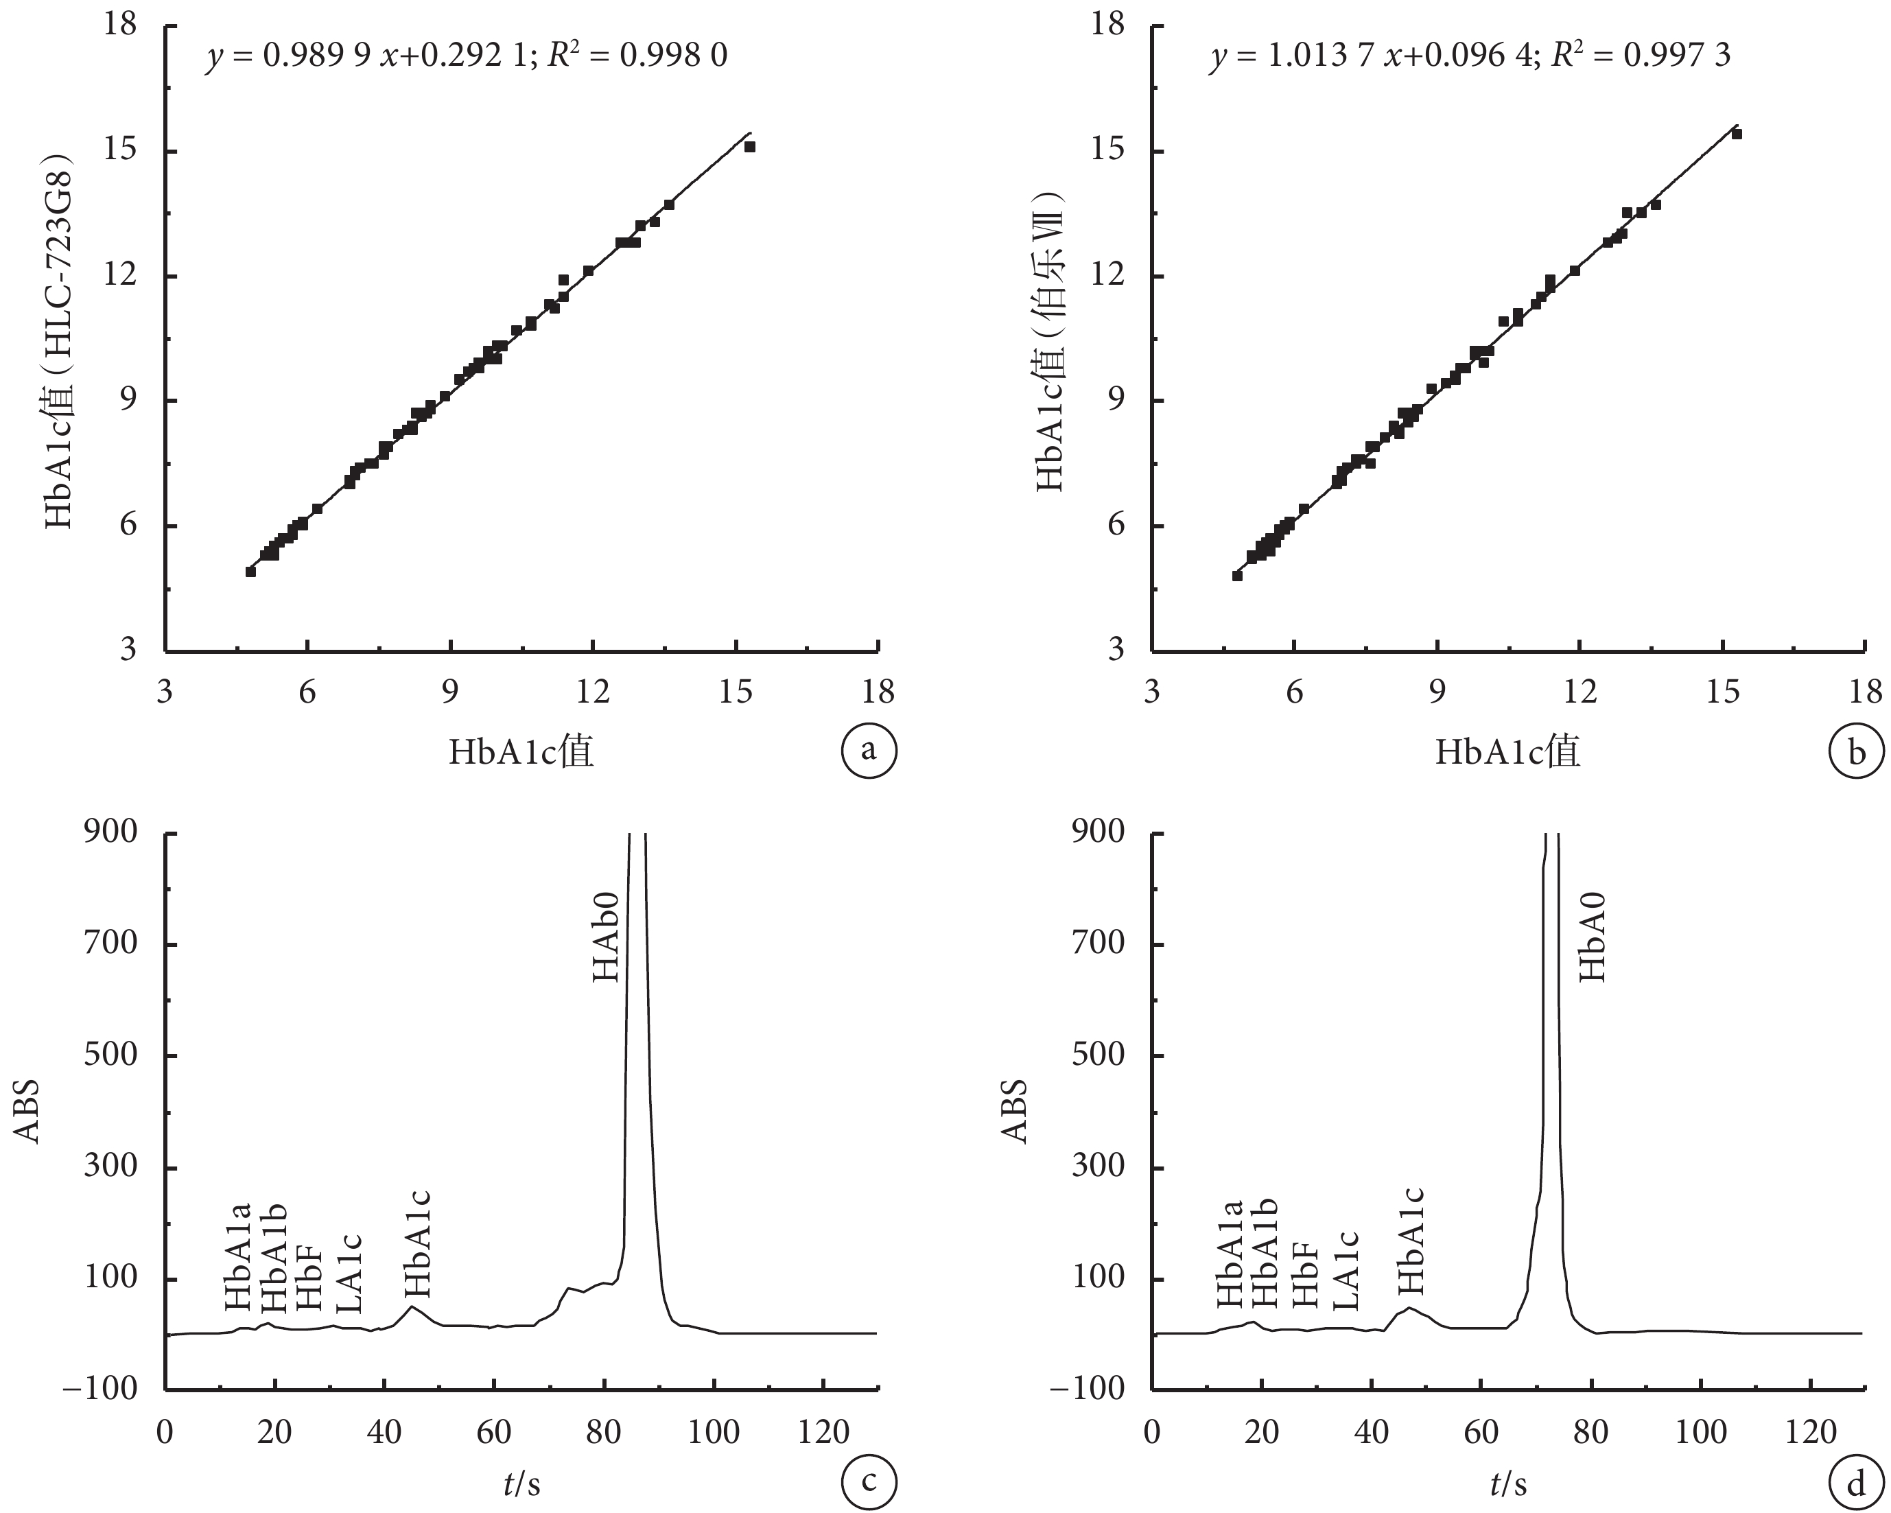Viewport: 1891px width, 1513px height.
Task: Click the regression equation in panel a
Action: pyautogui.click(x=467, y=56)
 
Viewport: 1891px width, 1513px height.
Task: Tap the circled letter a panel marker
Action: pyautogui.click(x=869, y=751)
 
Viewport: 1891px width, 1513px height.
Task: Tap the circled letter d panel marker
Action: pyautogui.click(x=1856, y=1484)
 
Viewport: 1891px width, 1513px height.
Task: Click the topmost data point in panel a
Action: pyautogui.click(x=750, y=146)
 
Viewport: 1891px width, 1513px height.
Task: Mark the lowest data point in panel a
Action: pyautogui.click(x=251, y=571)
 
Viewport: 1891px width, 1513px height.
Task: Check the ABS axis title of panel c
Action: pyautogui.click(x=28, y=1112)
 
